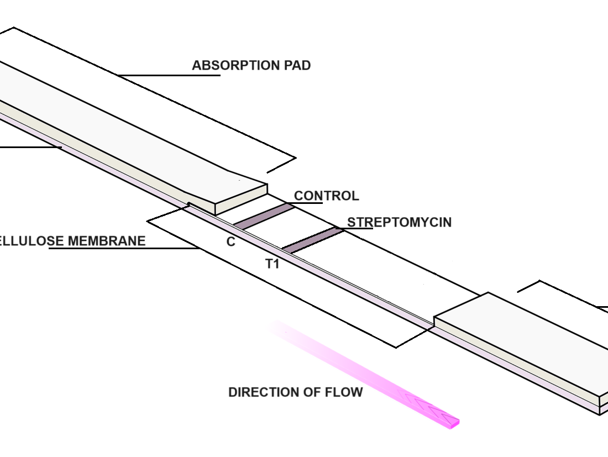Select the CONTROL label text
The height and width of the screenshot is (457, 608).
326,196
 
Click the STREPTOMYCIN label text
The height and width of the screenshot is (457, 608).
399,222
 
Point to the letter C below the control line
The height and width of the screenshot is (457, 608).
231,242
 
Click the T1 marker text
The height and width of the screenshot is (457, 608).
272,264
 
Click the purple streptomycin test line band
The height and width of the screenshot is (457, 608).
313,239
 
